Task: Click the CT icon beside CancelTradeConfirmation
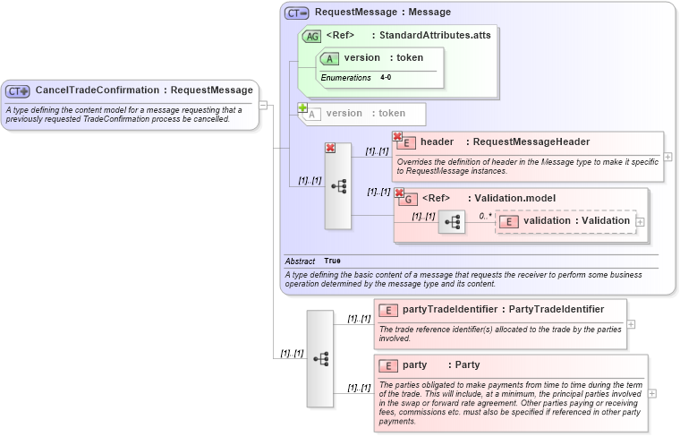[18, 90]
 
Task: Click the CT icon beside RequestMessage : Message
[297, 13]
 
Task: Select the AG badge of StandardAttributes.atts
[311, 37]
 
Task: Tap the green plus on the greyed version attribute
[302, 108]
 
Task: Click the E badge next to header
[405, 142]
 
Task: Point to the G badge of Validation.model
[407, 199]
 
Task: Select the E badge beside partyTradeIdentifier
[388, 311]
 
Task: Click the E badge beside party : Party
[388, 365]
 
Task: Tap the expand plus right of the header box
[668, 157]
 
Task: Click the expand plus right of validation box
[640, 222]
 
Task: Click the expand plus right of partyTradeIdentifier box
[632, 324]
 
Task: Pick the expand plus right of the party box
[652, 392]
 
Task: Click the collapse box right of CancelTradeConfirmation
[263, 105]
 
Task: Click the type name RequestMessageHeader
[531, 142]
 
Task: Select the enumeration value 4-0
[385, 78]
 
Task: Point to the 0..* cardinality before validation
[484, 216]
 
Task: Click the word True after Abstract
[332, 261]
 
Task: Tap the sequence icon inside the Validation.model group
[452, 222]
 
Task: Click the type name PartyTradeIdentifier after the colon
[556, 310]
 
